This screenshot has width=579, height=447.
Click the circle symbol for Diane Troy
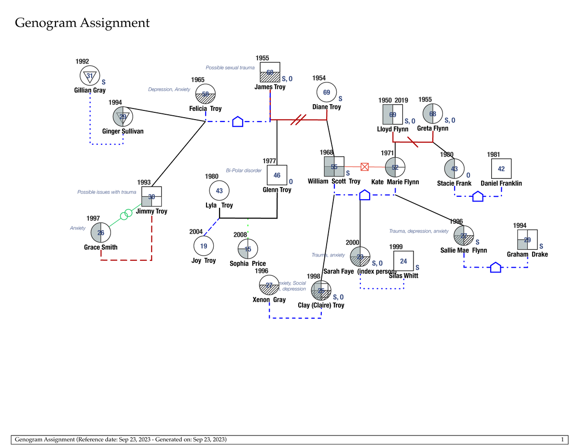tap(327, 92)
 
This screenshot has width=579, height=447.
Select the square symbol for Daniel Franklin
tap(501, 169)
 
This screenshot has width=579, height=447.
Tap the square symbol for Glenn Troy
tap(277, 176)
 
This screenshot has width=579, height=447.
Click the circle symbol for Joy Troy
tap(204, 245)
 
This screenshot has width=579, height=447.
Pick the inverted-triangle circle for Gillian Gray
tap(90, 76)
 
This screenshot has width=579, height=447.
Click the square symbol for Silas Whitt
tap(404, 261)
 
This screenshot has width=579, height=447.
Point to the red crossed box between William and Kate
tap(365, 167)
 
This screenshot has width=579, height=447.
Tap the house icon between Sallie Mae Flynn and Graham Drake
tap(496, 267)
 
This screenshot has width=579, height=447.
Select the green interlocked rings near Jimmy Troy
tap(126, 214)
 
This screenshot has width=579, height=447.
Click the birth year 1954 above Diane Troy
tap(319, 78)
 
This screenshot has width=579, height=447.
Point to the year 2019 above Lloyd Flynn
tap(401, 100)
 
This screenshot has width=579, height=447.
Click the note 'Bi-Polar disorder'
tap(244, 171)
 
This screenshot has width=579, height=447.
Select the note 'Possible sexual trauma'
tap(230, 68)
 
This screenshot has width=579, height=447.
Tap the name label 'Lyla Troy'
tap(219, 205)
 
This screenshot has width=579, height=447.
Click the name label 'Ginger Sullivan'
tap(123, 131)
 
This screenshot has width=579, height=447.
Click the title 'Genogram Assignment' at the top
tap(82, 23)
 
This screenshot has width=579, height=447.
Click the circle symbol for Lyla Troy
tap(219, 190)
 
